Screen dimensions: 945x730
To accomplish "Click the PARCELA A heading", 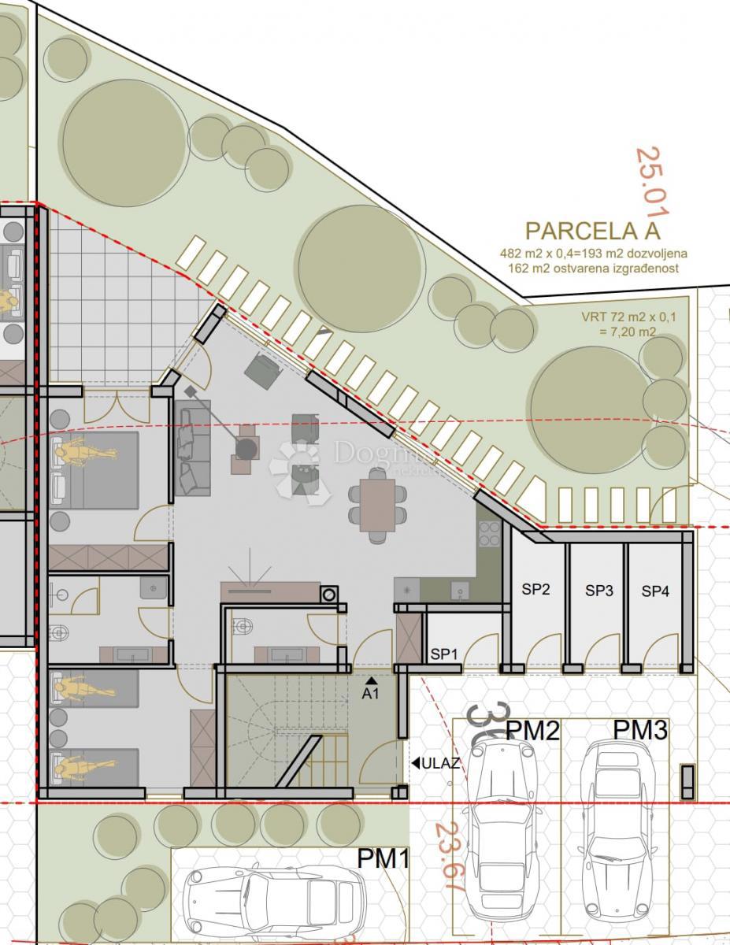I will coord(592,231).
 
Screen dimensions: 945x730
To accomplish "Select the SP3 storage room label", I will coord(598,590).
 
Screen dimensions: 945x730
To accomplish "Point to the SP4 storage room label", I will coord(655,590).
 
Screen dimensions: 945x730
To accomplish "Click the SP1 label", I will coord(444,654).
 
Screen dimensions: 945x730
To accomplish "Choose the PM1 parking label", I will coord(384,858).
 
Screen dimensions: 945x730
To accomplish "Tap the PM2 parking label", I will coord(532,731).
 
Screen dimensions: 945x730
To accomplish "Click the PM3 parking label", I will coord(640,730).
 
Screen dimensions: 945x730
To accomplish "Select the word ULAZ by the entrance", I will coord(440,762).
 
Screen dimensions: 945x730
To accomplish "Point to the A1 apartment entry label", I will coord(371,693).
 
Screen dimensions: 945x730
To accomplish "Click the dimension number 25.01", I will coord(652,182).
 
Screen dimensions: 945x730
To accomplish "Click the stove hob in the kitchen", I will coord(489,533).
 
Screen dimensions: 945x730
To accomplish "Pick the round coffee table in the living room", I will coord(247,449).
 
